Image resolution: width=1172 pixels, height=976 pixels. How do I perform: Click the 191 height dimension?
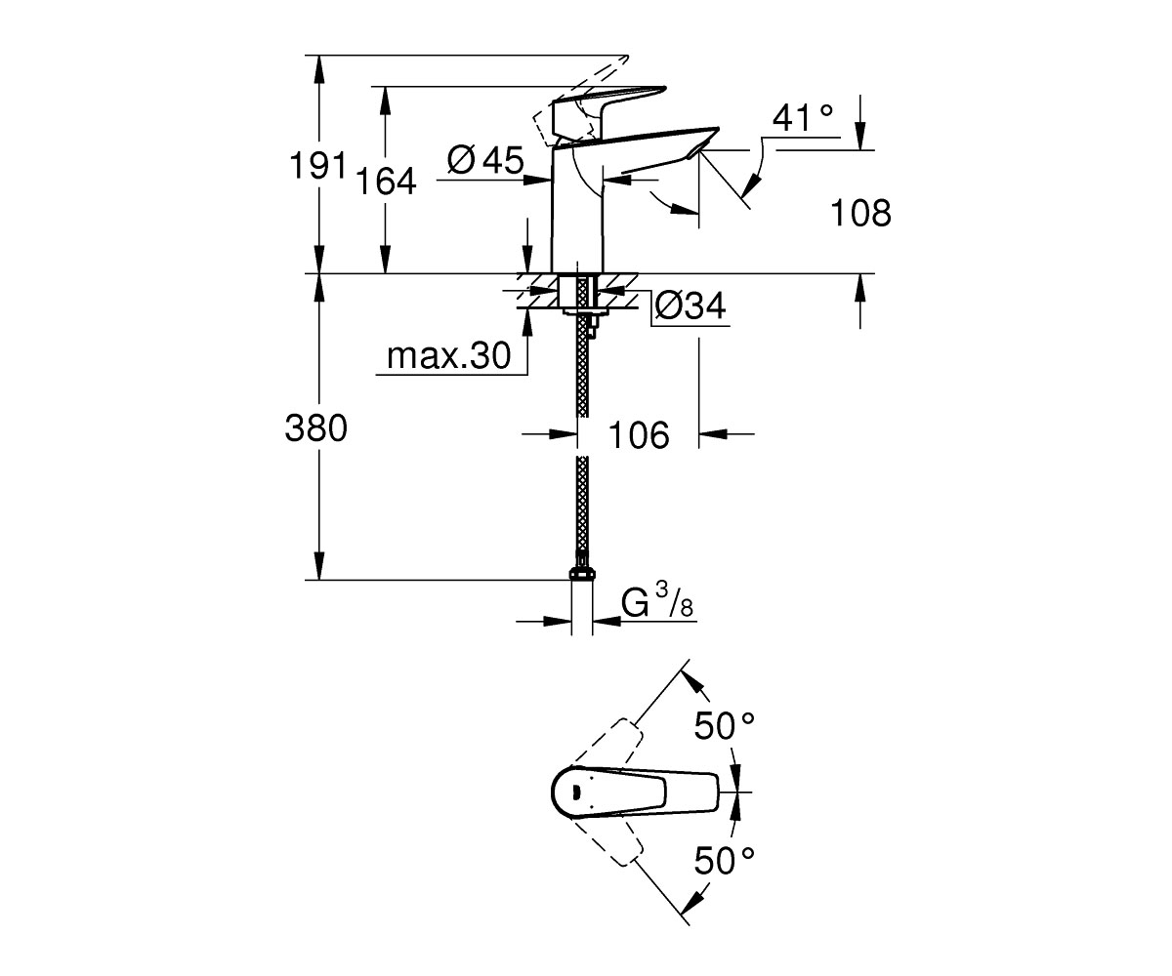317,166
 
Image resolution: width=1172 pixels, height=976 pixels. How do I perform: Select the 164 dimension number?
386,182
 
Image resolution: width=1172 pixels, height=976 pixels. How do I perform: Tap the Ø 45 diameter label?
485,160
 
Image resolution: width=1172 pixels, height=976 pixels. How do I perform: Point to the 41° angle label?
803,118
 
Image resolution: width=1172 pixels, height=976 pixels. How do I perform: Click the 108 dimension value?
860,213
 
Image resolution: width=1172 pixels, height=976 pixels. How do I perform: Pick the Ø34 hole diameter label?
691,306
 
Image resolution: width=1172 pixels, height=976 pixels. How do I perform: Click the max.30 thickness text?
449,355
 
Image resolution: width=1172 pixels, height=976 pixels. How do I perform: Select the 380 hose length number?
316,428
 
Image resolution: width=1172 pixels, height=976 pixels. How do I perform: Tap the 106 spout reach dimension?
639,434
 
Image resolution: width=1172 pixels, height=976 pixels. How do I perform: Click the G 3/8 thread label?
657,601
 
